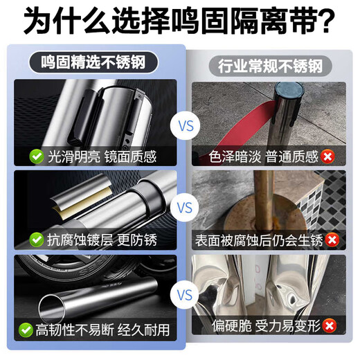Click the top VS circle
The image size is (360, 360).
186,126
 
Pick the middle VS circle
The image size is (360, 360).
186,208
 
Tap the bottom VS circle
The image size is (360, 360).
186,294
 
